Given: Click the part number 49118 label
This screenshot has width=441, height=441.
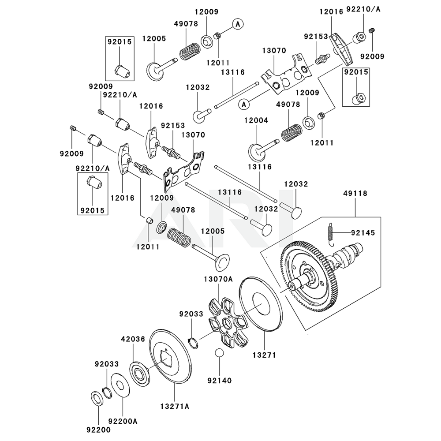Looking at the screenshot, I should click(355, 193).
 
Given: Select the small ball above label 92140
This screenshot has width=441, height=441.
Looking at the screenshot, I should click(219, 354).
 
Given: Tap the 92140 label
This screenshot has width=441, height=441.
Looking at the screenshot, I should click(219, 380).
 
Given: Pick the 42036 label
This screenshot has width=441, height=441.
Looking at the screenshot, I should click(132, 339).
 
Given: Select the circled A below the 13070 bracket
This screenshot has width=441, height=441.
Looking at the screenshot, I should click(243, 105).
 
